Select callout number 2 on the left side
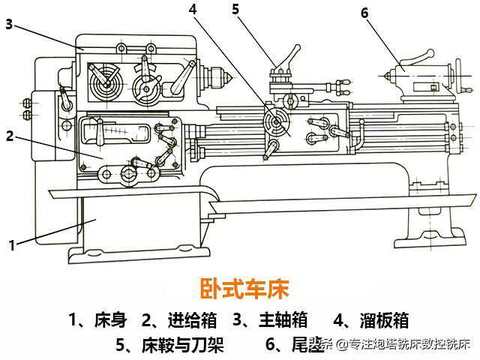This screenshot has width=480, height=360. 10,136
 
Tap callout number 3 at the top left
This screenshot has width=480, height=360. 8,25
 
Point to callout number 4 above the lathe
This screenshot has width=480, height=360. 193,10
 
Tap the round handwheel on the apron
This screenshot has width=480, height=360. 274,121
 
